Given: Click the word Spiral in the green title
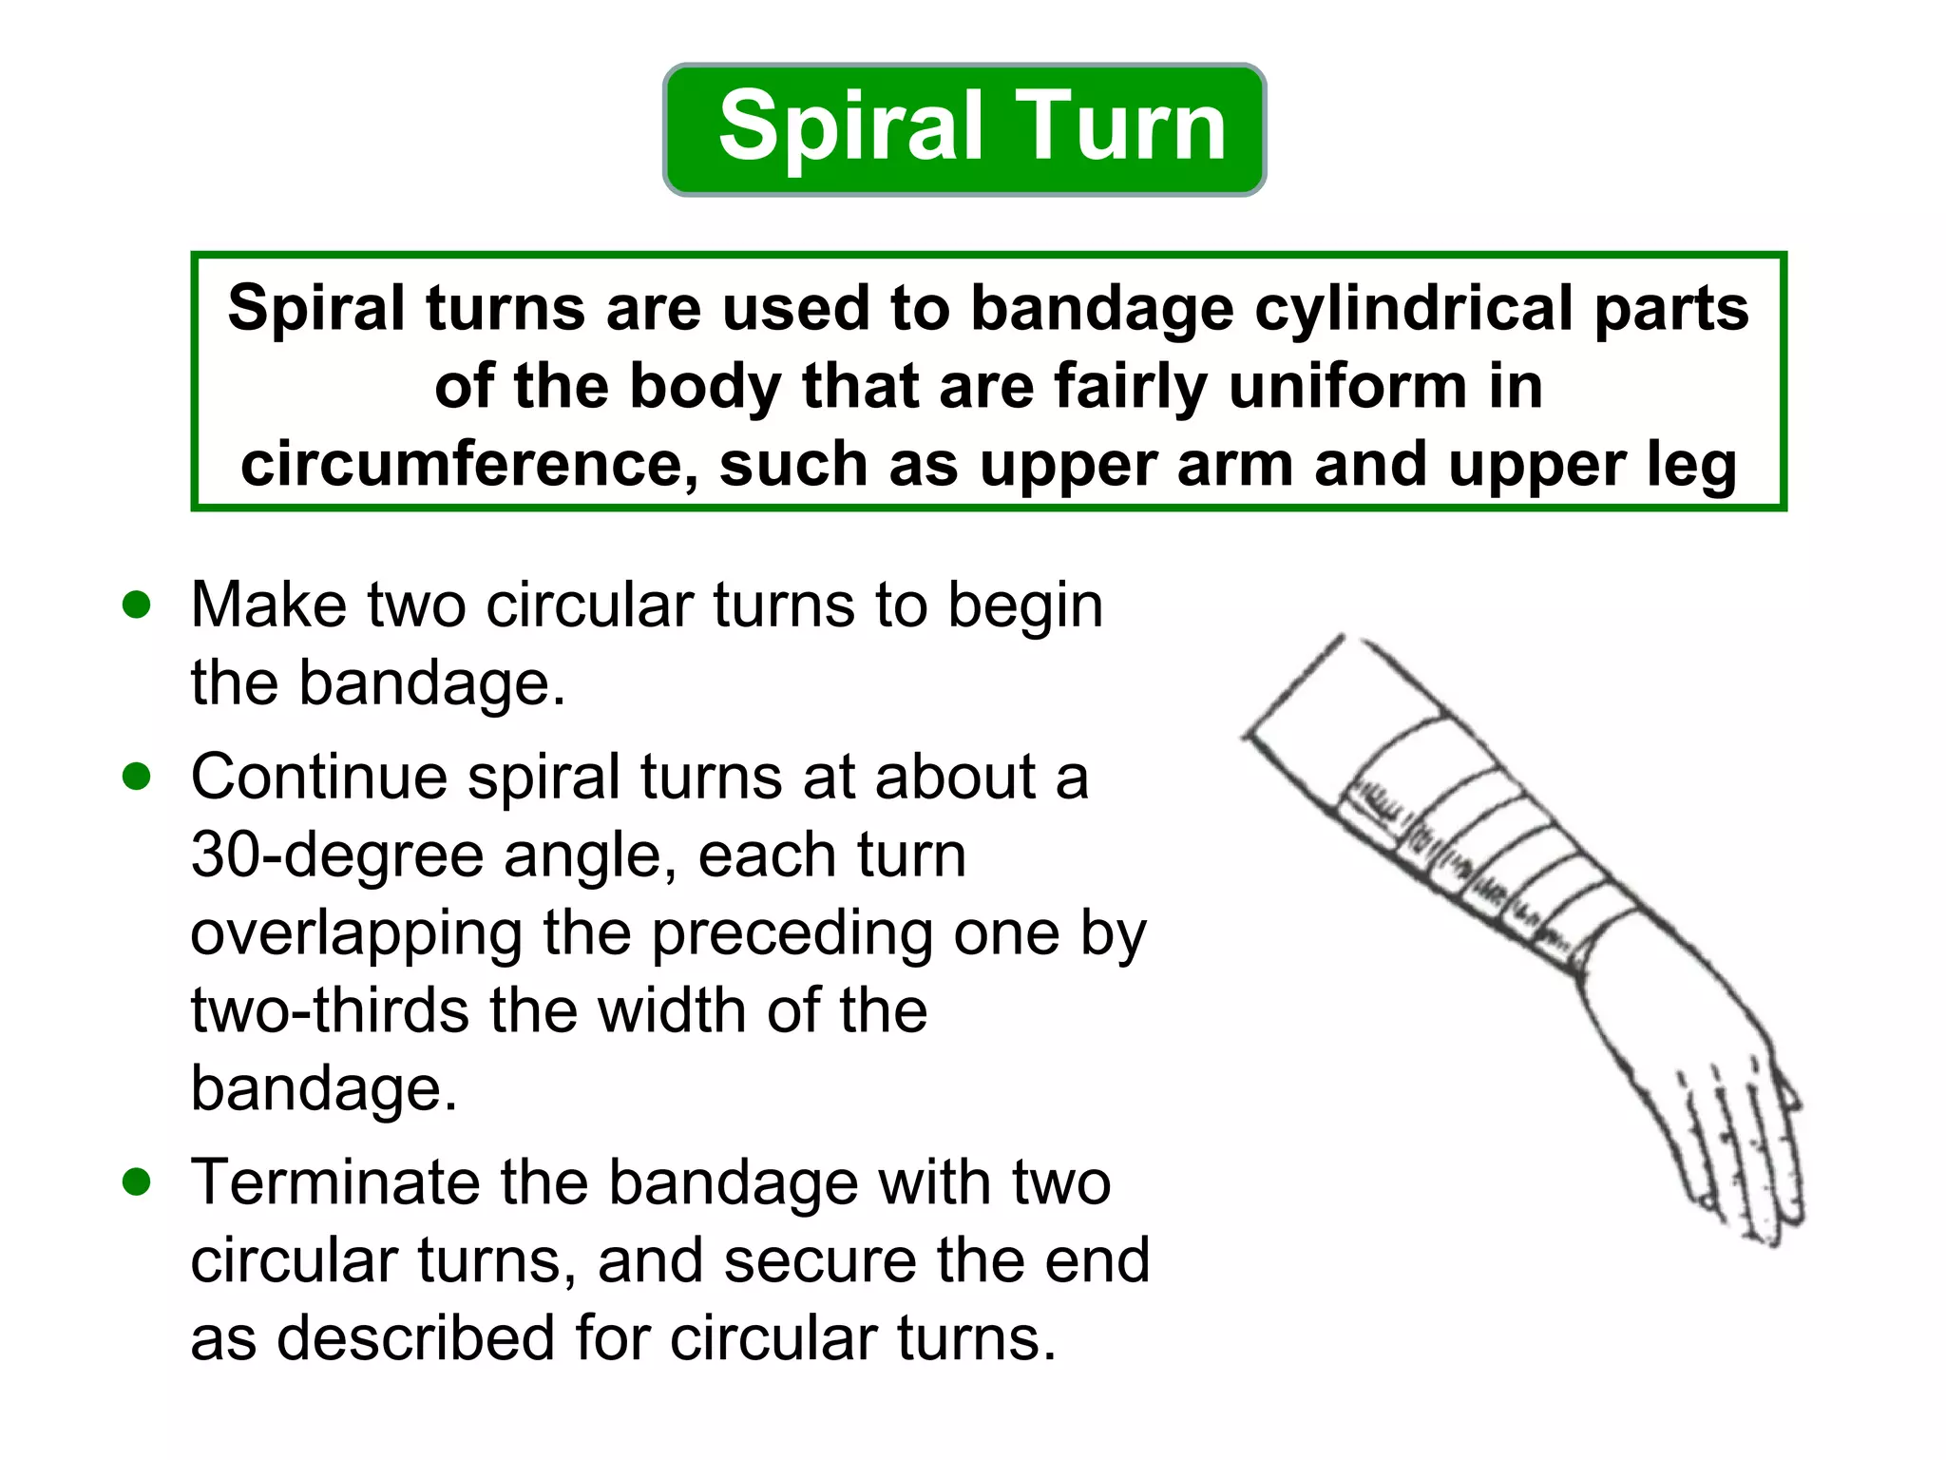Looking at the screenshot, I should (x=849, y=127).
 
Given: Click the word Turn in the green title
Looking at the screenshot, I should (x=1121, y=127).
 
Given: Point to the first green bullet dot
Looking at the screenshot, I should (x=137, y=605).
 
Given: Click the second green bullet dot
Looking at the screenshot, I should (x=137, y=777).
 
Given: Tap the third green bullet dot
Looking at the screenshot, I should (x=137, y=1181).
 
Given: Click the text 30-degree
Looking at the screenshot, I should (x=337, y=855).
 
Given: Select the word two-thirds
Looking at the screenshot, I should (x=331, y=1009).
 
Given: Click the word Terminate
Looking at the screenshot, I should (x=335, y=1182).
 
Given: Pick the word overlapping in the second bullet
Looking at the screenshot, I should (x=356, y=933).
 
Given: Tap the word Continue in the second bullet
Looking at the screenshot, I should (x=318, y=777).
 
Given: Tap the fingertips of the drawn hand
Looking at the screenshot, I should (x=1758, y=1226).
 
